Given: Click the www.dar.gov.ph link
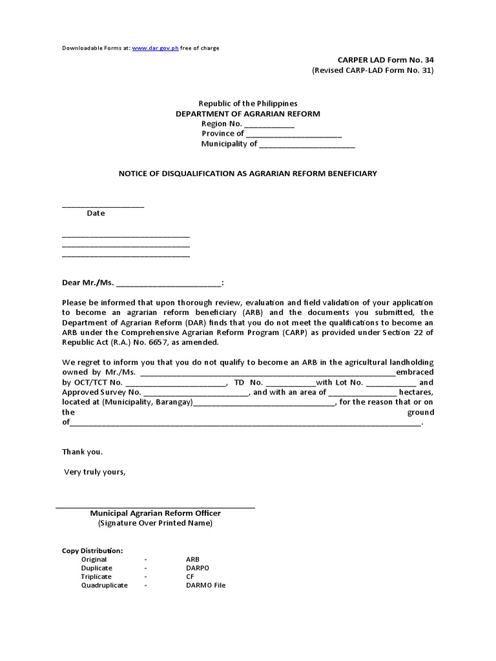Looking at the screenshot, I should point(155,48).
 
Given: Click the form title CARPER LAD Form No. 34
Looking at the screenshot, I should point(386,59).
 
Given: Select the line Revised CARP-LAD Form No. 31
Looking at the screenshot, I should point(373,70).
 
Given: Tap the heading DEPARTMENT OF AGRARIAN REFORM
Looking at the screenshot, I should point(248,114).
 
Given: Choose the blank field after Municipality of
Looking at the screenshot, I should point(307,144).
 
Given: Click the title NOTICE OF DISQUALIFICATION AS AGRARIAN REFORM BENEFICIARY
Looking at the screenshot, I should point(247,174).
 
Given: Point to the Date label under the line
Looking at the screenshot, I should point(96,213).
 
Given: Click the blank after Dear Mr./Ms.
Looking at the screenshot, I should point(168,283).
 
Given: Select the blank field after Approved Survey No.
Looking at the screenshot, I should point(196,392).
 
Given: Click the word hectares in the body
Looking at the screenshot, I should point(416,392).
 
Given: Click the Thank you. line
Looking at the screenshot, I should point(82,452).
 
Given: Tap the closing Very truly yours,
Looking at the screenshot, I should point(94,472).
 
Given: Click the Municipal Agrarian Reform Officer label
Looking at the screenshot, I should point(155,513).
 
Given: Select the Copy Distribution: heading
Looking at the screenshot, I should point(92,551).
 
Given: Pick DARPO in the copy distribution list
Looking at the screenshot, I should point(198,568).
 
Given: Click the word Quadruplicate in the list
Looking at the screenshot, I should point(104,585).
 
